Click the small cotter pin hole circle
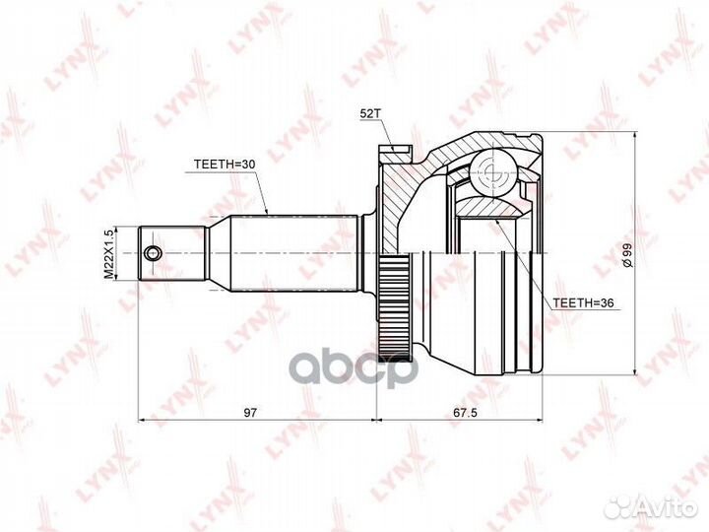point(151,254)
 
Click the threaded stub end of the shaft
point(172,253)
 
